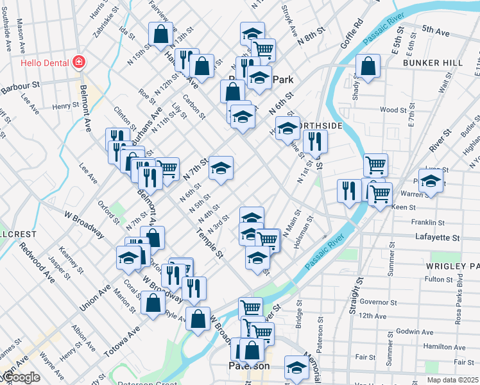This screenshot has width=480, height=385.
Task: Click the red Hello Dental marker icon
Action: pyautogui.click(x=79, y=62)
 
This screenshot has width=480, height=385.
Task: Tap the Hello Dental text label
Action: pyautogui.click(x=44, y=63)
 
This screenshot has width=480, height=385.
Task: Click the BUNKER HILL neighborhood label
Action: pyautogui.click(x=433, y=63)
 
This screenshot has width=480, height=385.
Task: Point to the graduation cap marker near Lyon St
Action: pyautogui.click(x=431, y=181)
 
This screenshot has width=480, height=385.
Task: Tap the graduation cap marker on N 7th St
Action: pyautogui.click(x=221, y=168)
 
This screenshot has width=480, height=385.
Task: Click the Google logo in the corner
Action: pyautogui.click(x=21, y=378)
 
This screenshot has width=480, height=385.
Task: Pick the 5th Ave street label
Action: pyautogui.click(x=436, y=30)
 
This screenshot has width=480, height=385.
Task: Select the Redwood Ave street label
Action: pyautogui.click(x=37, y=264)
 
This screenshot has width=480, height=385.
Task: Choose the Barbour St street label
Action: pyautogui.click(x=20, y=84)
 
